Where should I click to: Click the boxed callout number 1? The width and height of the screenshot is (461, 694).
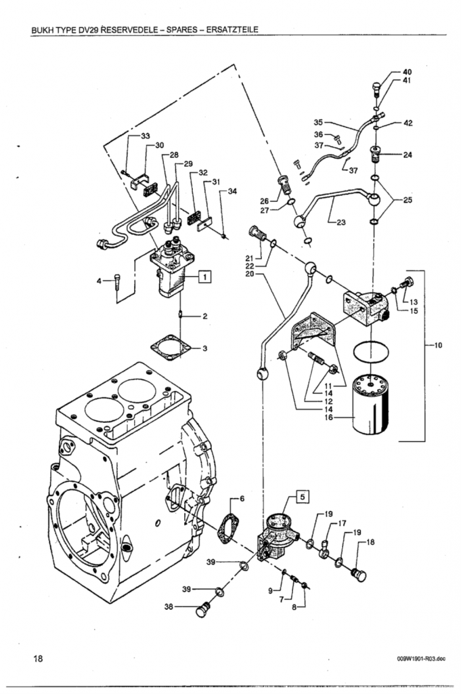(204, 277)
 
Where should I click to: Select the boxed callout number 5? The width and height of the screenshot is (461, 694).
(303, 497)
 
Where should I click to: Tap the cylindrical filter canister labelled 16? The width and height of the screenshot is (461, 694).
(371, 405)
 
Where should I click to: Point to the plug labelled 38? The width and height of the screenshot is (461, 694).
(202, 609)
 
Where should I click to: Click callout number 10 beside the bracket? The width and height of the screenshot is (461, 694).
(439, 345)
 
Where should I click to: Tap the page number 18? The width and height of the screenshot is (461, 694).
(39, 658)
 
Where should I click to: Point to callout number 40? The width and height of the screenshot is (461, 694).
(407, 72)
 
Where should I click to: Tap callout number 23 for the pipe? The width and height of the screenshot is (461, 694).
(341, 222)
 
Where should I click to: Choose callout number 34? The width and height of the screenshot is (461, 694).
(232, 191)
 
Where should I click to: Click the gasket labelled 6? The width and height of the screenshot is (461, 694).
(227, 529)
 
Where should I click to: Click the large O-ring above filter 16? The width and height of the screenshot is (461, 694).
(371, 352)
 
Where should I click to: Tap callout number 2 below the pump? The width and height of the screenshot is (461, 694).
(204, 316)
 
